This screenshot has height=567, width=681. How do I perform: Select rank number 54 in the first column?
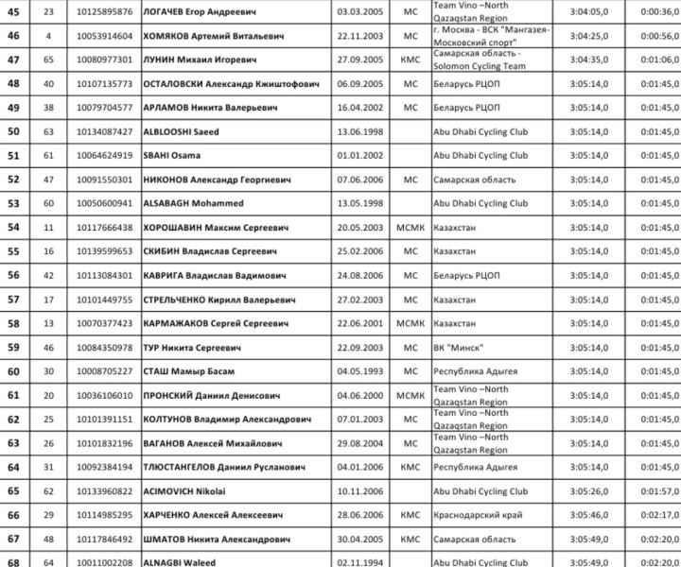[x=13, y=227]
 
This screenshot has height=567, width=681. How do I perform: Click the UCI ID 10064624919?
[x=106, y=155]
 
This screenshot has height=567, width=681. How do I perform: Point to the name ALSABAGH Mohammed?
[x=193, y=203]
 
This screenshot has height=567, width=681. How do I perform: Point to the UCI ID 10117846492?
[x=106, y=539]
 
